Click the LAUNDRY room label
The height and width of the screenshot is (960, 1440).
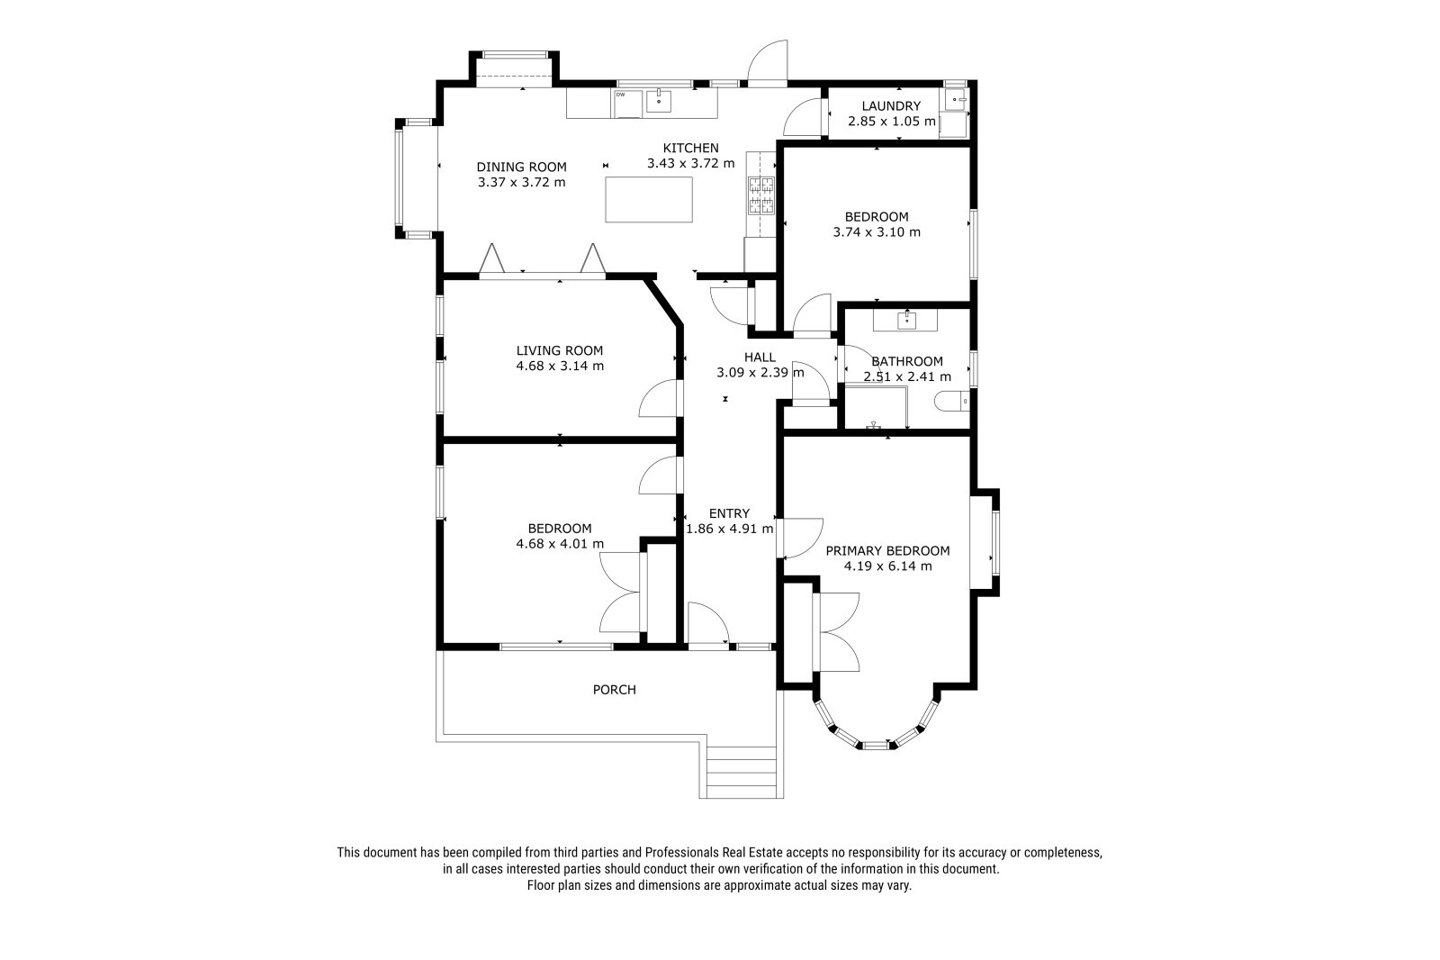point(891,106)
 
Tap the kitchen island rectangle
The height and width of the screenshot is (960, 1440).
point(649,199)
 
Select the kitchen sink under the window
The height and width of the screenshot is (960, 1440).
point(658,101)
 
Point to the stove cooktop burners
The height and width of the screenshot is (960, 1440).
point(761,195)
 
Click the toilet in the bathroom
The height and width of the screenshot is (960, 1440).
point(950,401)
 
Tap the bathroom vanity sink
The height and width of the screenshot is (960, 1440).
point(906,320)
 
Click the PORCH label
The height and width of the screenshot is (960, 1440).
point(614,690)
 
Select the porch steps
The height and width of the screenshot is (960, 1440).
point(742,772)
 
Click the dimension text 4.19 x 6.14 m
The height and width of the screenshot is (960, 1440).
point(887,566)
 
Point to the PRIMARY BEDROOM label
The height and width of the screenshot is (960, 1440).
point(887,551)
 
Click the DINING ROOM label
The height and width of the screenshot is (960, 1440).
point(521,168)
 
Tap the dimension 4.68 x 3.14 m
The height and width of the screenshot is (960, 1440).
point(559,367)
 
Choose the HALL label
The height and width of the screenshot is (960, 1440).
point(760,358)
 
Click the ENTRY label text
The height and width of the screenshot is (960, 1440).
point(729,513)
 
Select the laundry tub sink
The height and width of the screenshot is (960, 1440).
point(956,100)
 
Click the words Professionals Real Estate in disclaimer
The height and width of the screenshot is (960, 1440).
point(714,853)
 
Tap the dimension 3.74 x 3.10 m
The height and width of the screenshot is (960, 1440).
point(877,232)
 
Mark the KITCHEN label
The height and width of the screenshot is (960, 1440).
point(691,148)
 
